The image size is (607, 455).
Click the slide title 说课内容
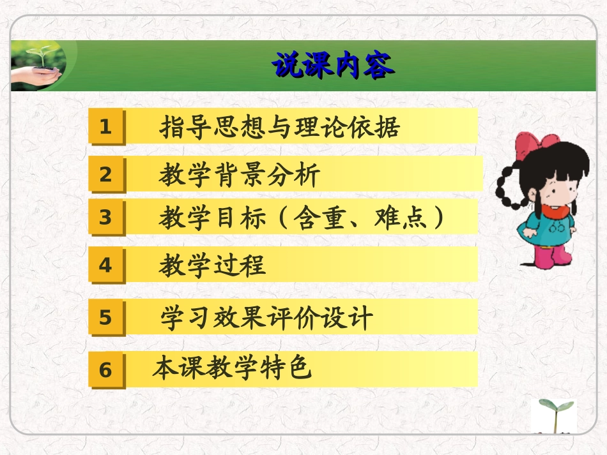[x=332, y=66]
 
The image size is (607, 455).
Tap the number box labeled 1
[x=106, y=126]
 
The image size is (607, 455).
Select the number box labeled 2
[x=106, y=174]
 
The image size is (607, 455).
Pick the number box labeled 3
[x=106, y=218]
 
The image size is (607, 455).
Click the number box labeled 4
[x=106, y=265]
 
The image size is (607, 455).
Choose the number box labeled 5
[x=106, y=317]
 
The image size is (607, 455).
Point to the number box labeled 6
[x=106, y=369]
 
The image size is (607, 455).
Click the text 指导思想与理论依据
[x=280, y=126]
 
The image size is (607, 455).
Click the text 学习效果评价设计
[x=266, y=317]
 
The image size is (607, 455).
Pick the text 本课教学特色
[x=232, y=368]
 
